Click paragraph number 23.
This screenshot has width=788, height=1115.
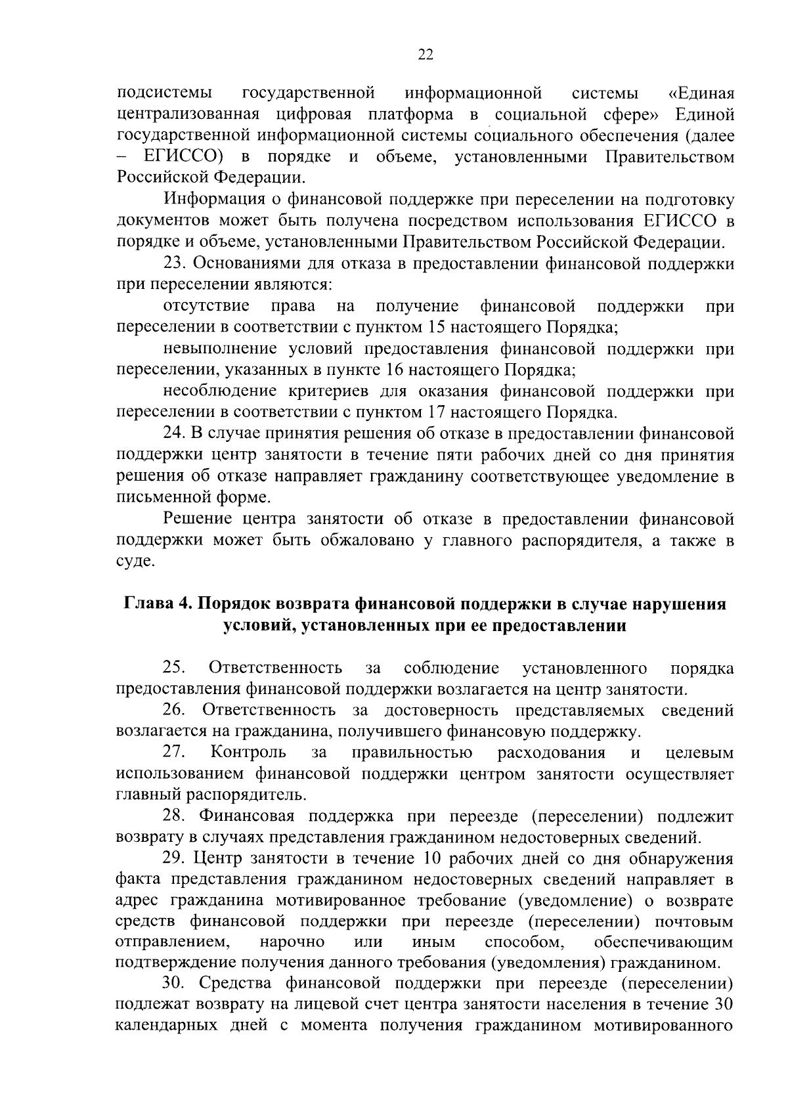coord(175,264)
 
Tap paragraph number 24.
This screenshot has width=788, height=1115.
coord(175,434)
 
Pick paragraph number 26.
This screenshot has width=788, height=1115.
coord(175,710)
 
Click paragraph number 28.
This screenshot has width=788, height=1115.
coord(175,816)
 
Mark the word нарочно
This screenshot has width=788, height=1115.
coord(292,943)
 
